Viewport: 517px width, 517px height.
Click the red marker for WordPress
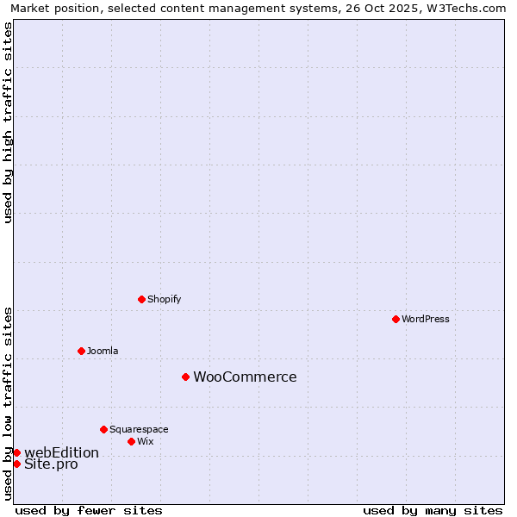tap(396, 319)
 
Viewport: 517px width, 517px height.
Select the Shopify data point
tap(141, 299)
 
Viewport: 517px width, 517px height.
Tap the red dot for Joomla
tap(81, 351)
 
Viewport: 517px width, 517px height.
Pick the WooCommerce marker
tap(185, 377)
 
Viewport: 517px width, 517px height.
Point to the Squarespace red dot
tap(103, 429)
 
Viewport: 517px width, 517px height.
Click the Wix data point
tap(131, 441)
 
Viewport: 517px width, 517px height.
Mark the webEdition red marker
tap(16, 452)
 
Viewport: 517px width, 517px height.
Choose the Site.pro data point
tap(16, 464)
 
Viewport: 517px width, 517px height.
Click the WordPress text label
tap(426, 319)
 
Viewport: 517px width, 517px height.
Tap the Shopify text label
tap(165, 299)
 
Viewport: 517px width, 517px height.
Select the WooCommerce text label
tap(245, 377)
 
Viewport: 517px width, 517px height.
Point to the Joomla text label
tap(103, 351)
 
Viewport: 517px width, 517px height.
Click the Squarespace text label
tap(139, 429)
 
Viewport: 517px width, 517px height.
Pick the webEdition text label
tap(61, 452)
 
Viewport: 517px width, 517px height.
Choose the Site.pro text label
tap(51, 464)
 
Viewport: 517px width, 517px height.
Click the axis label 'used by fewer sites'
tap(89, 510)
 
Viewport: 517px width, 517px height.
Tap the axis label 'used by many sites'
tap(433, 510)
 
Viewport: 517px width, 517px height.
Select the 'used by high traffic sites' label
tap(8, 122)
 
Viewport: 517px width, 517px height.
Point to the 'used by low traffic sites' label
tap(8, 403)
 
